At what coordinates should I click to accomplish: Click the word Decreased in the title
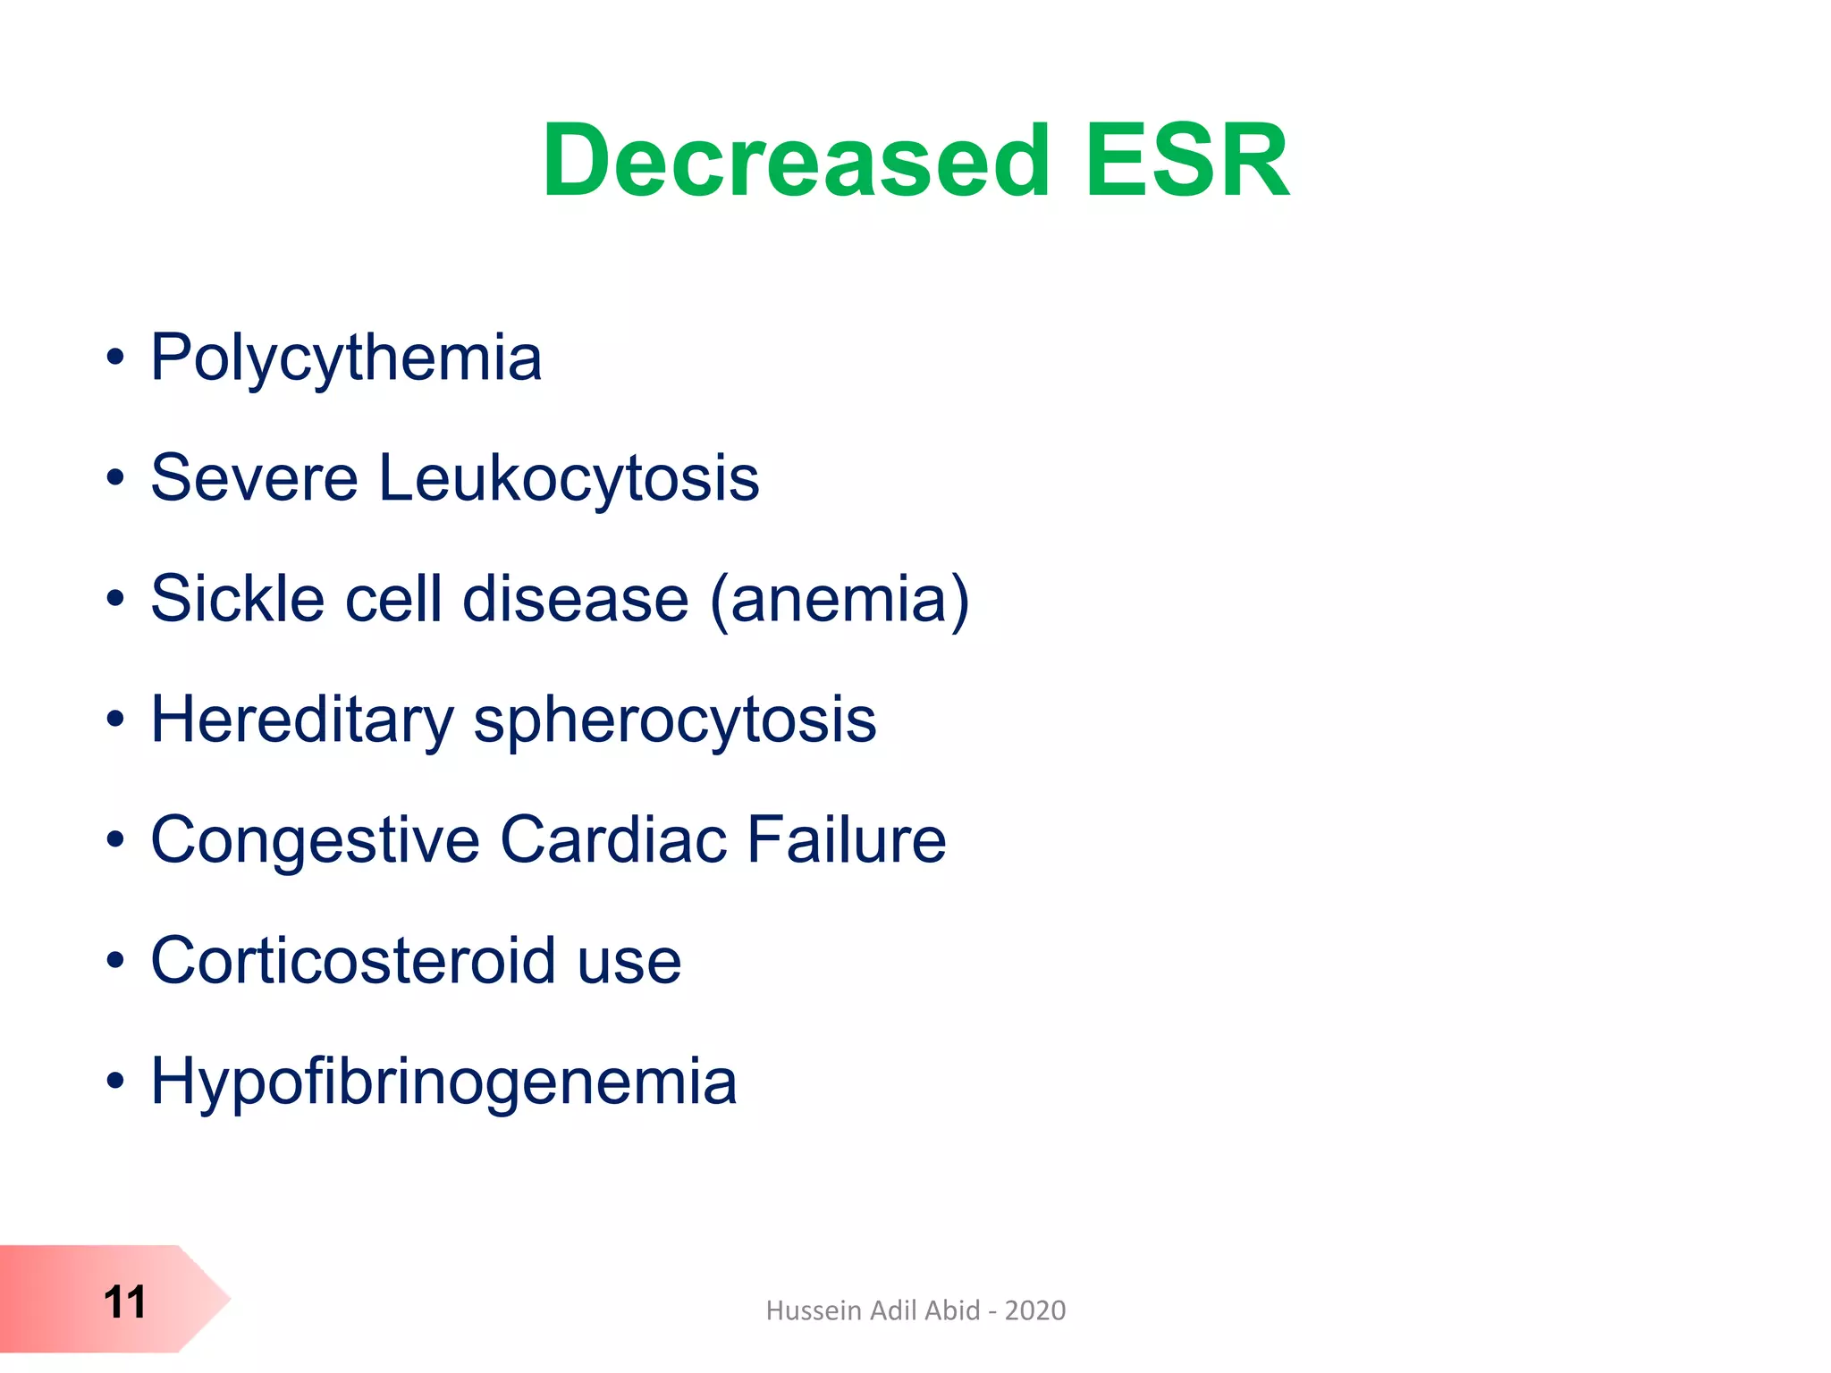[x=796, y=162]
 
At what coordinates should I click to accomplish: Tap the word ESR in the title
[x=1187, y=162]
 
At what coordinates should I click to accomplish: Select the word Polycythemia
[x=346, y=358]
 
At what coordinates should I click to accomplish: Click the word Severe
[x=255, y=478]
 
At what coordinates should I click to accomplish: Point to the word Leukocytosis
[x=569, y=478]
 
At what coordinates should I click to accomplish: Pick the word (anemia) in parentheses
[x=840, y=599]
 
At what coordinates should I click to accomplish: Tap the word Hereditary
[x=302, y=720]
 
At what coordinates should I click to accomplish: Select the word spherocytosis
[x=675, y=720]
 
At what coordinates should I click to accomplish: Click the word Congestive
[x=316, y=840]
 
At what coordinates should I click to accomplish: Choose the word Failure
[x=846, y=840]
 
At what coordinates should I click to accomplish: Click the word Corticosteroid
[x=354, y=961]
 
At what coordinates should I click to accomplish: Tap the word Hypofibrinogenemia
[x=443, y=1082]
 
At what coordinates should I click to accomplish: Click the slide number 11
[x=124, y=1302]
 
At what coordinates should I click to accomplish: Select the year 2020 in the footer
[x=1034, y=1310]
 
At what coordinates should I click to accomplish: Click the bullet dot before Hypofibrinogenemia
[x=115, y=1082]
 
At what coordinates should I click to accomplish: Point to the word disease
[x=576, y=599]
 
